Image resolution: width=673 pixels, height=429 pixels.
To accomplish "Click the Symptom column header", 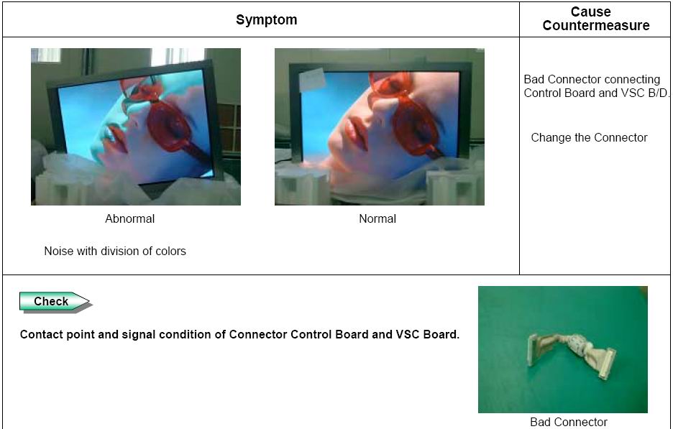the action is (x=267, y=19).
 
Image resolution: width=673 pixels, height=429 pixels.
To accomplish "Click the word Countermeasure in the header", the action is (x=596, y=25).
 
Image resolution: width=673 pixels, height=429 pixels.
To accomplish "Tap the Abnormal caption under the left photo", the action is (x=129, y=218).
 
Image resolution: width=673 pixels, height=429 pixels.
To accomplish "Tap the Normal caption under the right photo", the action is (x=377, y=218).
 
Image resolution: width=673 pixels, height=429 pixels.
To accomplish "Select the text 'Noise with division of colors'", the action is (x=115, y=251).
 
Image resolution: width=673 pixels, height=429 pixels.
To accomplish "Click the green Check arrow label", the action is (x=55, y=302).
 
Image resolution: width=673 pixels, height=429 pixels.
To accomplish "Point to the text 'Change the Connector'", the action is (x=589, y=138).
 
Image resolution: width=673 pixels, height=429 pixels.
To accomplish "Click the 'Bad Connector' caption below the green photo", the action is (x=569, y=422).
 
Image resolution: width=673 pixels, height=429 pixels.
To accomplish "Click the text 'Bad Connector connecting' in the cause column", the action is (x=592, y=79).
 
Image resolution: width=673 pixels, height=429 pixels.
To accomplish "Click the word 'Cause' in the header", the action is (x=590, y=11).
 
